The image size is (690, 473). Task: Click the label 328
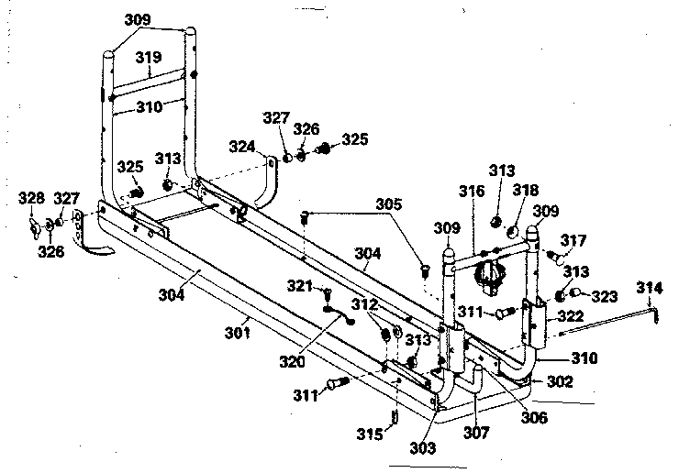tap(32, 197)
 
